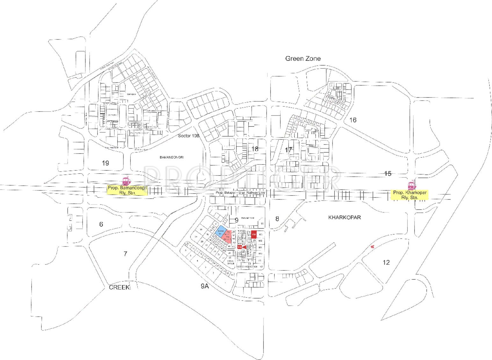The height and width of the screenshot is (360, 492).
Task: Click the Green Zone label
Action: pos(303,59)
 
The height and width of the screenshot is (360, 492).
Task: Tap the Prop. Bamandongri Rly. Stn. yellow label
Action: pos(127,191)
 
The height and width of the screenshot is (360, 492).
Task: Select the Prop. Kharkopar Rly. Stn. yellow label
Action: pos(410,195)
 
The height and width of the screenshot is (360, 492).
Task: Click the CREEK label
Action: pos(119,287)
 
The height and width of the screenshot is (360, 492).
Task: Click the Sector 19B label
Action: pos(188,136)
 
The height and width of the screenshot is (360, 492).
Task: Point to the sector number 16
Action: pos(353,120)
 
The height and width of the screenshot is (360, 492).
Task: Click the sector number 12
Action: pos(386,263)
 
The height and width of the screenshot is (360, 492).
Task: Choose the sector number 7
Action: pos(126,254)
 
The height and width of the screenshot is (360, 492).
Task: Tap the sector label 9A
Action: pos(205,286)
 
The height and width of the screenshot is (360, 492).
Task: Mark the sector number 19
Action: pos(105,163)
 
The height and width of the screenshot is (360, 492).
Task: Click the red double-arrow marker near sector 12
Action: pos(372,247)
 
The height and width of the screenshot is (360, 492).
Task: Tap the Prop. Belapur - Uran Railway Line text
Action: pos(240,193)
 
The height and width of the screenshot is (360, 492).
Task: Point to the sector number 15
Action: pos(387,174)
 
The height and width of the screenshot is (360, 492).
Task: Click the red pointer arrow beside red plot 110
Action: pos(244,247)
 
